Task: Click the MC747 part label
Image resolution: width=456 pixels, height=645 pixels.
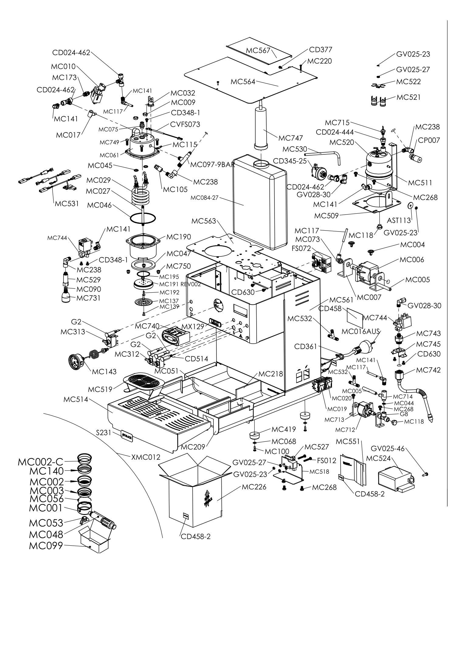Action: coord(291,138)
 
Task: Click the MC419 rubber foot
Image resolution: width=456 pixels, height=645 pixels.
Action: coord(256,435)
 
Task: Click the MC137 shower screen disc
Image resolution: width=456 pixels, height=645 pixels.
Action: coord(143,302)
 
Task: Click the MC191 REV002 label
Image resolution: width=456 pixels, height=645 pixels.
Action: coord(180,284)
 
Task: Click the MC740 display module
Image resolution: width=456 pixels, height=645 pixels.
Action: coord(175,336)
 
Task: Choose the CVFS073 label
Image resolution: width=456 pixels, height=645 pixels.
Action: coord(185,124)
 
